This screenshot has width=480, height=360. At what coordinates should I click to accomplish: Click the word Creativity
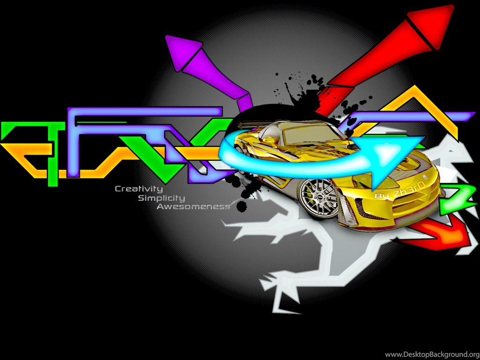[x=139, y=189]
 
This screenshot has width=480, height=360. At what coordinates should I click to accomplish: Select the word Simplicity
[x=161, y=198]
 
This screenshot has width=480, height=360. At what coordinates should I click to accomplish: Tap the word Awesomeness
[x=193, y=207]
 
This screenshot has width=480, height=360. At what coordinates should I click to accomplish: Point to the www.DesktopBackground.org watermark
[x=432, y=354]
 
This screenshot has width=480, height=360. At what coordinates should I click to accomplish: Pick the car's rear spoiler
[x=248, y=124]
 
